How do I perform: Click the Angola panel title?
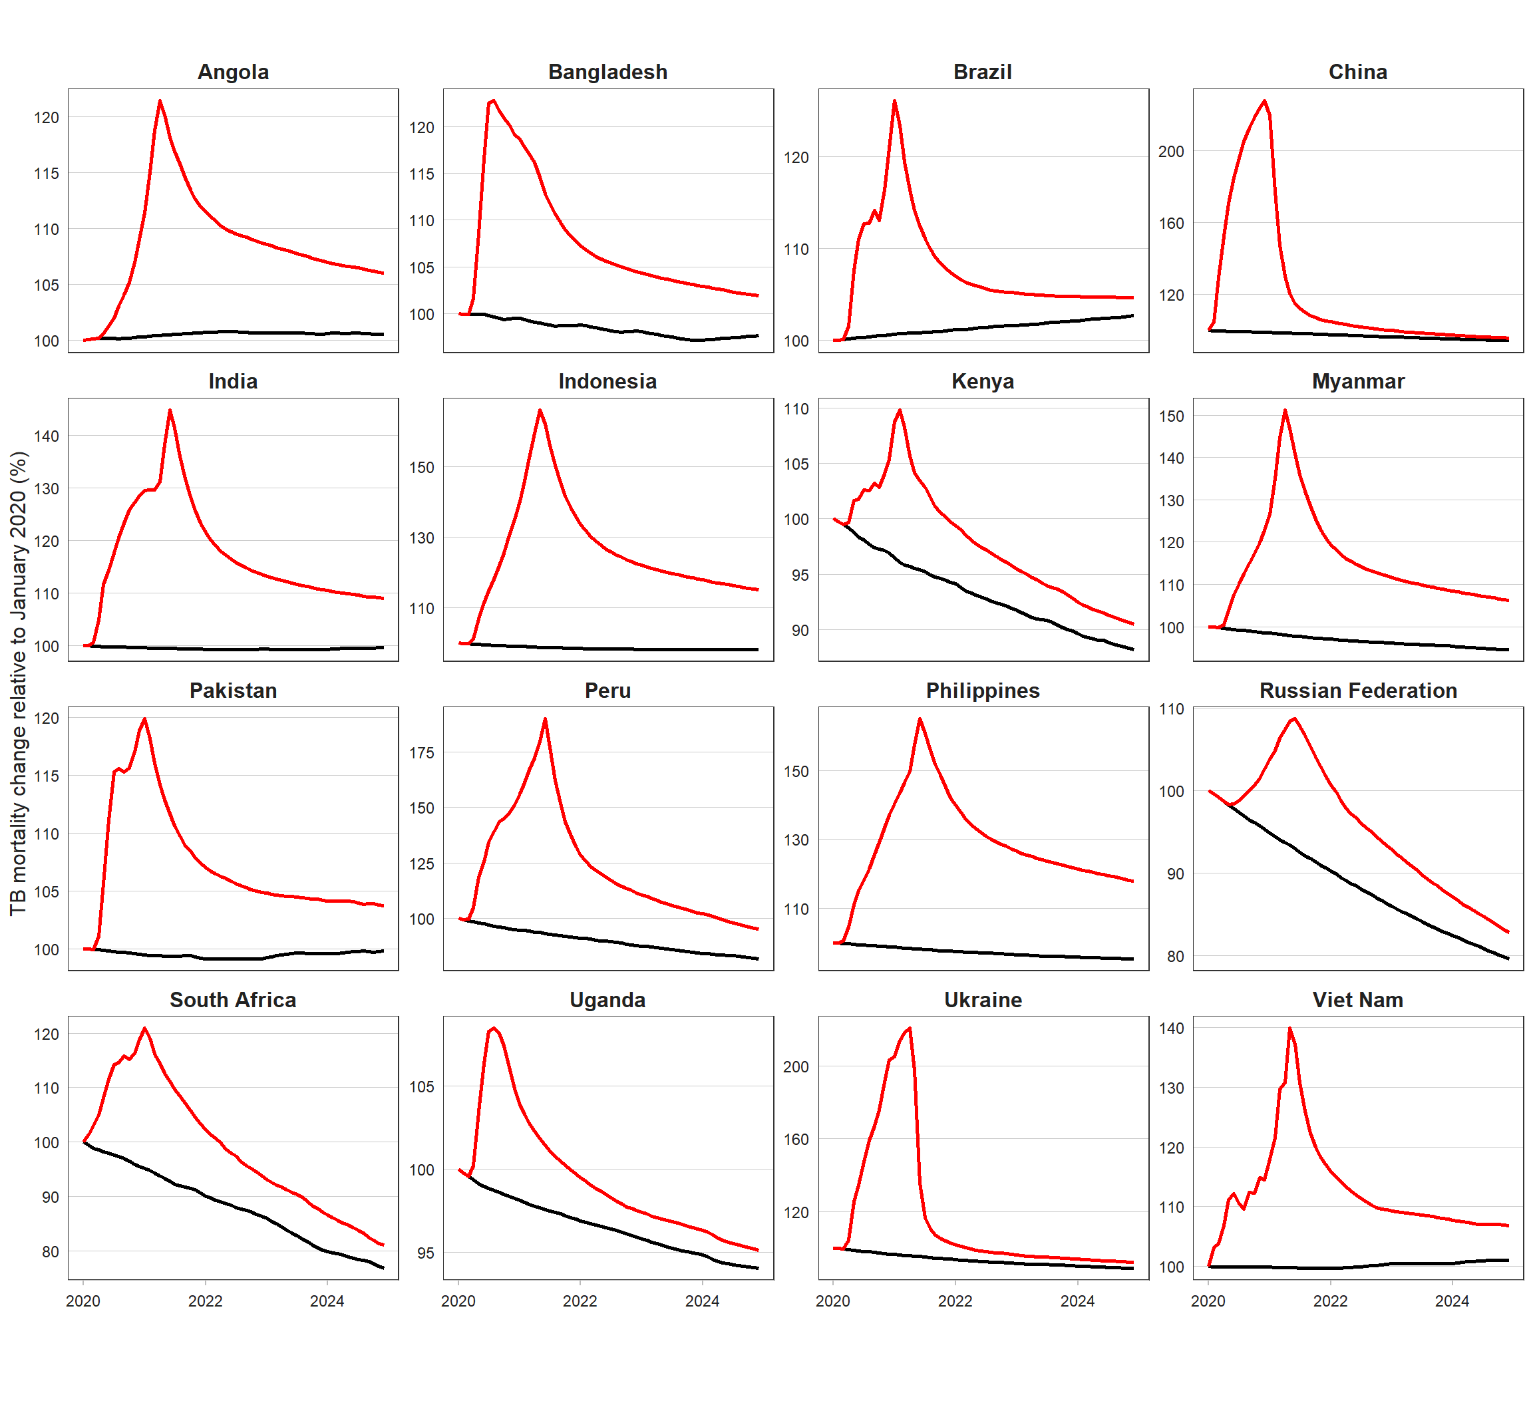tap(233, 73)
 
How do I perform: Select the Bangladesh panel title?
tap(607, 73)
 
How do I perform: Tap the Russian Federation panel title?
tap(1357, 691)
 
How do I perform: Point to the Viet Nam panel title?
tap(1357, 1000)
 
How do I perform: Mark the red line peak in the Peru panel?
tap(545, 718)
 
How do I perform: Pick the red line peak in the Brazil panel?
tap(894, 100)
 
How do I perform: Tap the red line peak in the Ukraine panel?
tap(910, 1028)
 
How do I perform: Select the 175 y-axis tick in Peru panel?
tap(421, 752)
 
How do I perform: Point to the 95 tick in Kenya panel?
tap(800, 575)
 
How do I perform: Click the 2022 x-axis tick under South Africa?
tap(206, 1301)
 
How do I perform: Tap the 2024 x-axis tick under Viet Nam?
tap(1452, 1301)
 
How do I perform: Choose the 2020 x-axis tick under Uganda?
tap(458, 1301)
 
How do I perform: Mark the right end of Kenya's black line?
tap(1133, 649)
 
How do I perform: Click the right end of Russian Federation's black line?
tap(1508, 959)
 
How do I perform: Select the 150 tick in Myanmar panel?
tap(1171, 416)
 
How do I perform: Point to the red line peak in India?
tap(170, 410)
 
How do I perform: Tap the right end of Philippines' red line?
tap(1133, 881)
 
